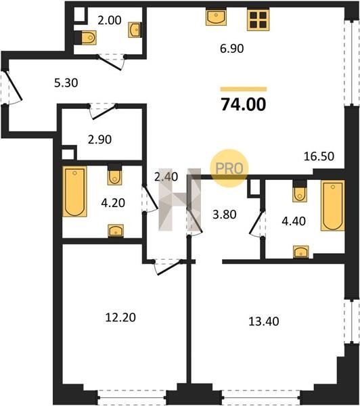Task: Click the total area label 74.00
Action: [244, 104]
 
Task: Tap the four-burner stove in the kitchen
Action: [258, 20]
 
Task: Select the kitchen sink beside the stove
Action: [217, 17]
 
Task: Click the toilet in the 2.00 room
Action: [87, 38]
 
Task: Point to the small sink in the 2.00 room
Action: [135, 30]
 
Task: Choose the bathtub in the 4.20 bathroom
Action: [74, 191]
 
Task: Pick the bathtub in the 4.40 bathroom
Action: [332, 205]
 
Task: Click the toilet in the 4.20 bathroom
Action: [115, 175]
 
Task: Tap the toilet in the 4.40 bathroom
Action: [300, 191]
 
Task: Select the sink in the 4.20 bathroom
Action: [116, 231]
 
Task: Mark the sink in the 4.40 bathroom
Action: [301, 252]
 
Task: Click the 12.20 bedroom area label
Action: [120, 317]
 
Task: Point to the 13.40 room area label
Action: [264, 321]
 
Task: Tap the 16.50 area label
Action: [319, 156]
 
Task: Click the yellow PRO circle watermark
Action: [229, 168]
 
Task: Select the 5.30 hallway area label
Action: [66, 83]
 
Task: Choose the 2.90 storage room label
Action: [99, 139]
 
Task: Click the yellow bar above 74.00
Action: [244, 89]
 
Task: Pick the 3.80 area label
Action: [224, 215]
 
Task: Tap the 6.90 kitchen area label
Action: [232, 49]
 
